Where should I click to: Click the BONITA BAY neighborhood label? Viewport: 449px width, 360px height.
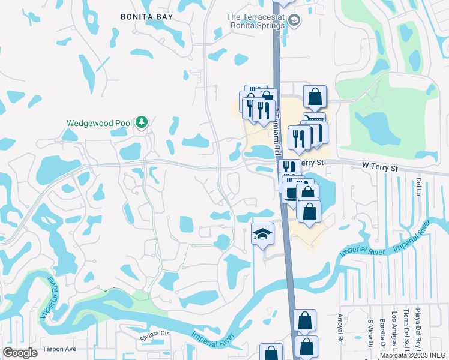146,17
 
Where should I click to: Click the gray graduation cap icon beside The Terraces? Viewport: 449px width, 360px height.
294,22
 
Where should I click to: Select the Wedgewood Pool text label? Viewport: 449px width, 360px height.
99,123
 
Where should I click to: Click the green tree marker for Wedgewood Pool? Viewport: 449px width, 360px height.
142,122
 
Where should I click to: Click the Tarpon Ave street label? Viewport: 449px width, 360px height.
59,349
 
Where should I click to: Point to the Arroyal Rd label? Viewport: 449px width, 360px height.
340,327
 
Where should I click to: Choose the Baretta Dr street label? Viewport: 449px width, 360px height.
382,333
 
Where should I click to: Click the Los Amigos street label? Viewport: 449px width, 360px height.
394,331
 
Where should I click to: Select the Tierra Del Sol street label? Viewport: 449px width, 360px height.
406,329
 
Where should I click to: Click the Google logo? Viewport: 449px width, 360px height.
20,353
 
